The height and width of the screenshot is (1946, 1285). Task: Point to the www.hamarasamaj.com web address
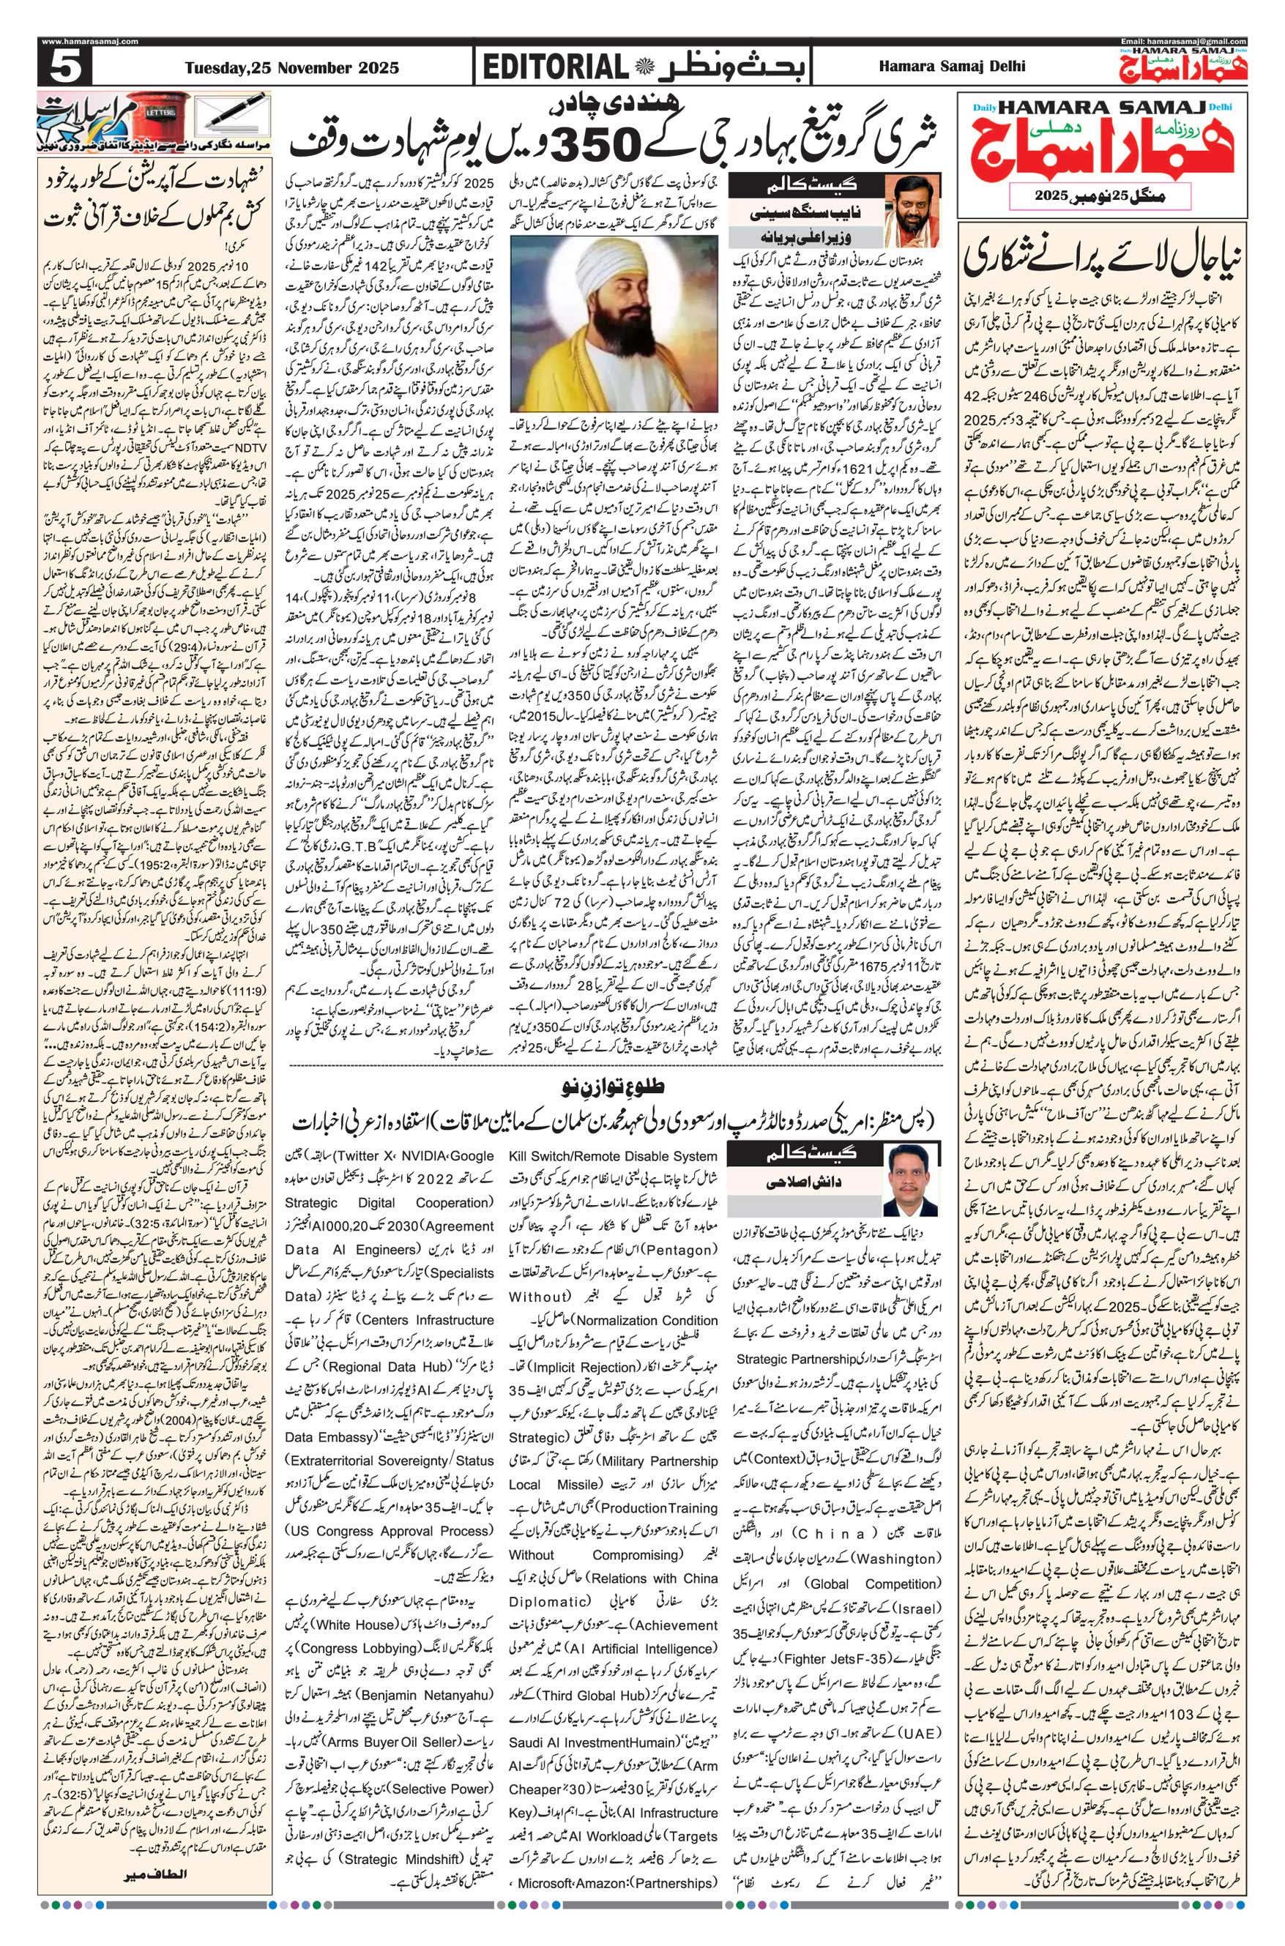coord(89,42)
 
